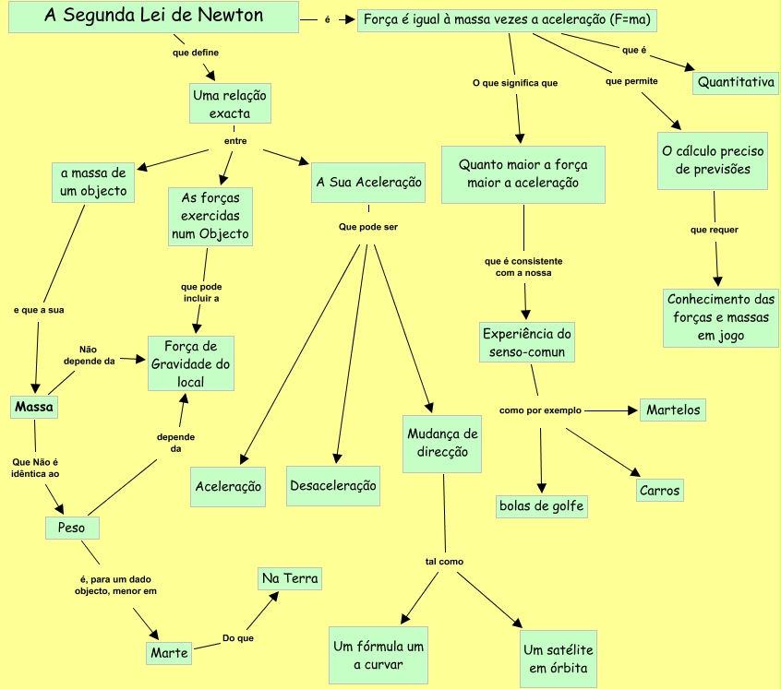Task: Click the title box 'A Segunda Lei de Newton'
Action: tap(153, 17)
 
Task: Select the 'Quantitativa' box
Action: tap(736, 82)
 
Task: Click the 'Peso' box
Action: tap(72, 529)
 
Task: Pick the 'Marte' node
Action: tap(170, 653)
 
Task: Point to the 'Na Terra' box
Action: tap(290, 579)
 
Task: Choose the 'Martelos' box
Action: tap(673, 410)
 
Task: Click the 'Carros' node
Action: tap(660, 490)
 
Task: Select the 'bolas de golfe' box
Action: tap(542, 505)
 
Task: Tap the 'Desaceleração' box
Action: tap(333, 485)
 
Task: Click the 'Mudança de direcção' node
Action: tap(443, 443)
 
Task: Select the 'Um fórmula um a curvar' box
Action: tap(378, 655)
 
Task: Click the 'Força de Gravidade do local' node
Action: tap(191, 363)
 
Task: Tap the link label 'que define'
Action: tap(196, 53)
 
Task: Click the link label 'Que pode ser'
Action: tap(368, 226)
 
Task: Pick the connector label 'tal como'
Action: tap(444, 561)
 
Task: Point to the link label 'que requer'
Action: tap(715, 230)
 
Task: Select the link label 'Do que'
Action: tap(238, 637)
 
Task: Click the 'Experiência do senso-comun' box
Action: tap(528, 342)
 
